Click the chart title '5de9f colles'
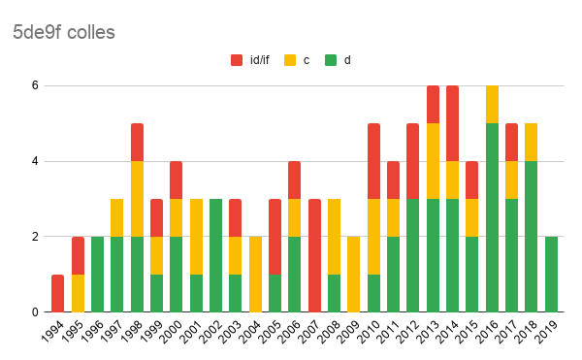tap(64, 32)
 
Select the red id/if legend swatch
tap(237, 60)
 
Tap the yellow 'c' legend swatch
tap(290, 60)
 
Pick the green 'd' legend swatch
tap(331, 60)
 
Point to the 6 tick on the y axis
tap(35, 85)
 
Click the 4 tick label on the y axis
tap(35, 161)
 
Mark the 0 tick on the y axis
tap(35, 312)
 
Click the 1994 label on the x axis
tap(52, 332)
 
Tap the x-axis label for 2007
tap(310, 332)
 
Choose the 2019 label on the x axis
tap(546, 332)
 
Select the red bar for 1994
tap(57, 293)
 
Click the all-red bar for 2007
tap(314, 255)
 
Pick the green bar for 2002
tap(215, 255)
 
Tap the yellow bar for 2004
tap(255, 275)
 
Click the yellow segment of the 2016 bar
tap(492, 104)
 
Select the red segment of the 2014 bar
tap(452, 123)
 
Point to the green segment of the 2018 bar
tap(532, 237)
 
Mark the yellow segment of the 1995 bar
tap(78, 293)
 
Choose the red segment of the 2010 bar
tap(373, 161)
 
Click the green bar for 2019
tap(551, 275)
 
